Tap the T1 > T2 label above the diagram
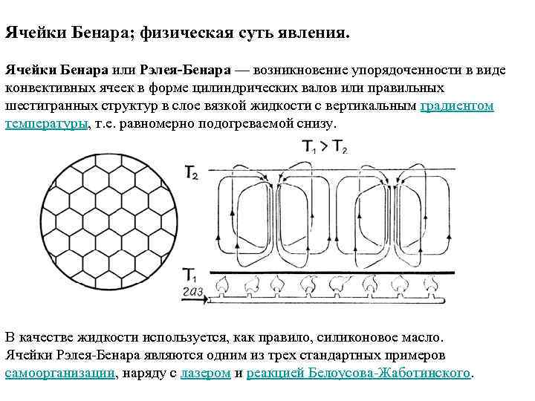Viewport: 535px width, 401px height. point(325,147)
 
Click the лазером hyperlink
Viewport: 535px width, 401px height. point(204,372)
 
